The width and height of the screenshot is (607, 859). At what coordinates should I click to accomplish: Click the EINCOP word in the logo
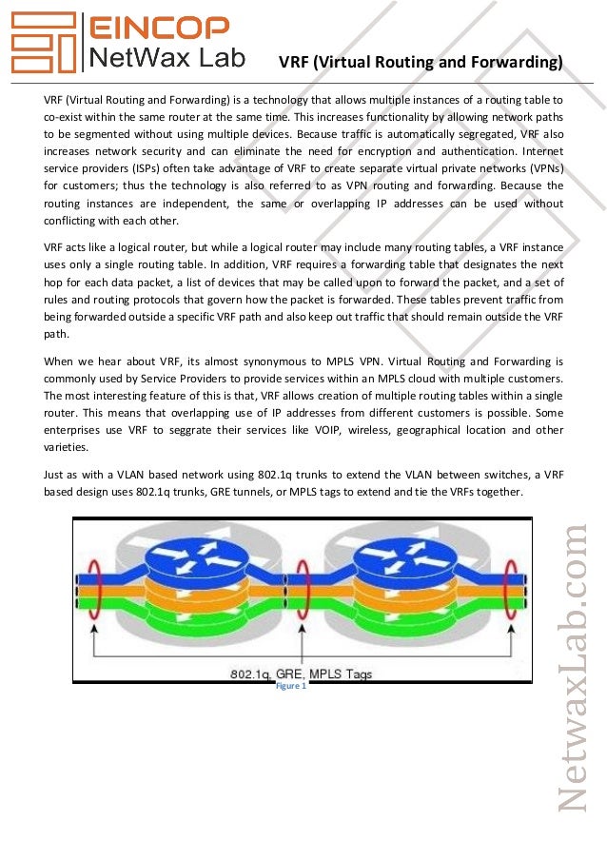(159, 28)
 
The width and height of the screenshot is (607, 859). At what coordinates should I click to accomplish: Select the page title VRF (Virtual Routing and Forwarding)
(420, 63)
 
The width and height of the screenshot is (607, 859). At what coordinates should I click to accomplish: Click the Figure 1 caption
(290, 685)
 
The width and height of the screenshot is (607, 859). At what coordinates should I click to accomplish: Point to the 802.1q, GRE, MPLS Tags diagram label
(302, 674)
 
